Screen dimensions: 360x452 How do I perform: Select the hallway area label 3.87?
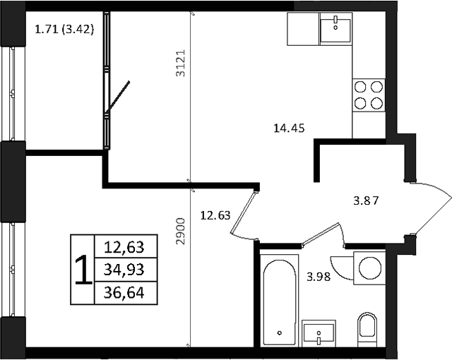click(x=367, y=200)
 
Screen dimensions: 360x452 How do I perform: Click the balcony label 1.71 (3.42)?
click(x=64, y=30)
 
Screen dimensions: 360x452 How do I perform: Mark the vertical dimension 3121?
click(x=180, y=63)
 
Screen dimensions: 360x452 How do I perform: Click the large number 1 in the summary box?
click(x=82, y=270)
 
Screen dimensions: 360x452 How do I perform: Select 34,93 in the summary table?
click(x=124, y=270)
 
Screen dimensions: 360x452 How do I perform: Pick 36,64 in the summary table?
click(x=124, y=292)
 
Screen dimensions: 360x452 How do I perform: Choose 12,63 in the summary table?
click(x=124, y=247)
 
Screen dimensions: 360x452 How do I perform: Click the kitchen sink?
click(x=336, y=29)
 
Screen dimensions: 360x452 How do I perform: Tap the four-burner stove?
click(x=369, y=95)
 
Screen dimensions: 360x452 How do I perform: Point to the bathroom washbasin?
click(x=321, y=332)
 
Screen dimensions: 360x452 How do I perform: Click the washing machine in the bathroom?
click(x=369, y=268)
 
